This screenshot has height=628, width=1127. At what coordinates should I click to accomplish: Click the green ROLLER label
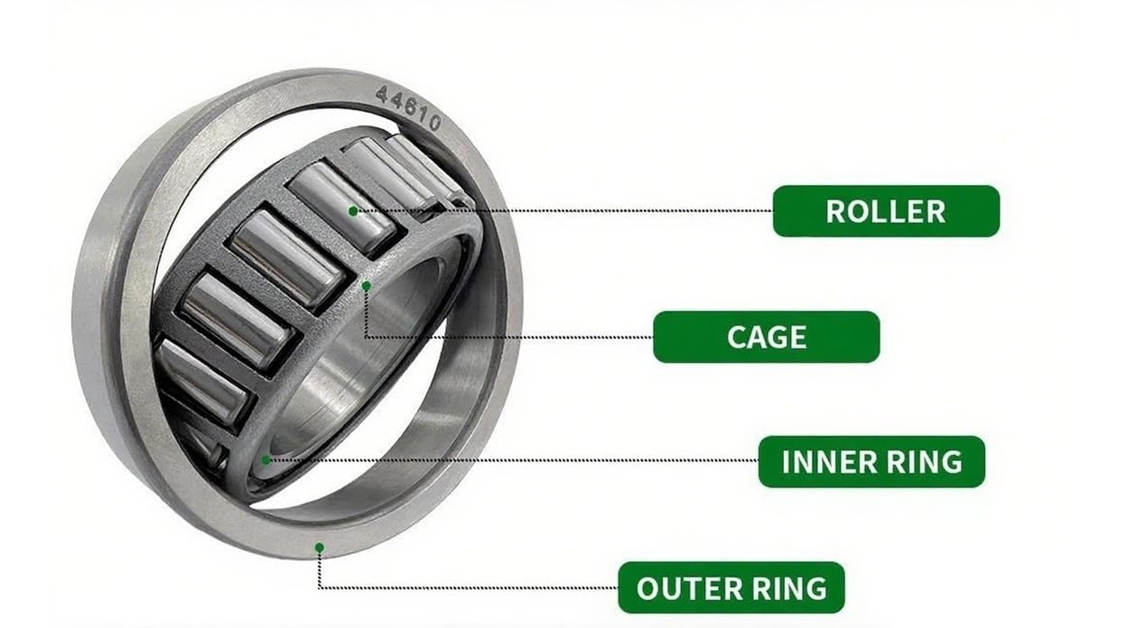point(886,211)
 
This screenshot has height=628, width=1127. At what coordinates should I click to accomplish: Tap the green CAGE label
point(766,337)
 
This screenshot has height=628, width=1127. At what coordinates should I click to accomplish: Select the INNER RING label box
point(871,461)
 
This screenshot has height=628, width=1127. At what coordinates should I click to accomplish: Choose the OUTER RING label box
point(731,587)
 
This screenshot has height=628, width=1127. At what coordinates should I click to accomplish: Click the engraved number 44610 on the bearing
point(408,106)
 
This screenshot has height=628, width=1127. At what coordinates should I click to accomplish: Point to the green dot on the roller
point(353,211)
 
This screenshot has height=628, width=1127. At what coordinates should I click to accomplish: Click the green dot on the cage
point(367,285)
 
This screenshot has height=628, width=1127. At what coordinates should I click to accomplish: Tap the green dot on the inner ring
point(265,459)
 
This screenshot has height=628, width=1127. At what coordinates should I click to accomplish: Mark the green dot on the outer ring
point(319,547)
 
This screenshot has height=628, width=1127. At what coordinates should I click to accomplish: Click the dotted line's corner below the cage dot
point(367,337)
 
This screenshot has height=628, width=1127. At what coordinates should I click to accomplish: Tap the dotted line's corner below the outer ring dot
point(319,587)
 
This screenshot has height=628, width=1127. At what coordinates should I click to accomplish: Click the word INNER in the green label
point(826,461)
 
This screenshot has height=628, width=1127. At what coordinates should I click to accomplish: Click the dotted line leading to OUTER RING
point(470,587)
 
